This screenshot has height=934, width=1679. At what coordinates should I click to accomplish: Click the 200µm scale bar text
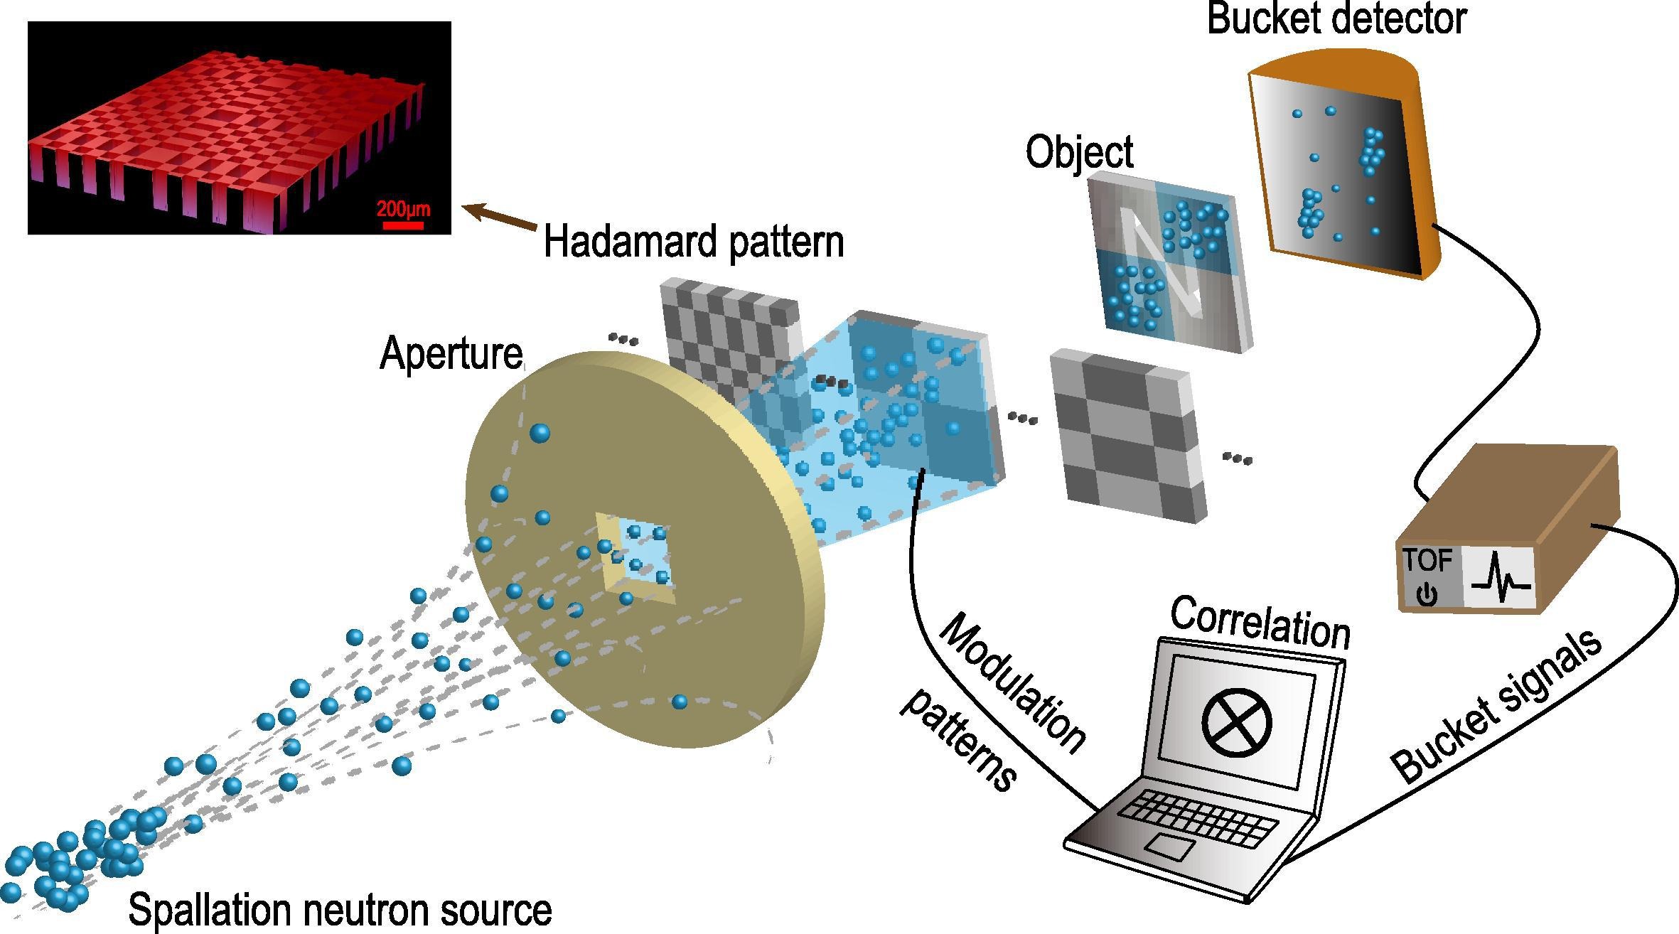pos(403,209)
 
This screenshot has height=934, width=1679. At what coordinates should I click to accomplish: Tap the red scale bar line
pos(403,225)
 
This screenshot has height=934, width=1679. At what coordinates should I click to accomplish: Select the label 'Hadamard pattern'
pos(694,242)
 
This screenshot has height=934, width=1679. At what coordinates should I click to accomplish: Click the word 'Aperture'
pos(451,353)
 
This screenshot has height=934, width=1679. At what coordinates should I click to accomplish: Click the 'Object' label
pos(1079,153)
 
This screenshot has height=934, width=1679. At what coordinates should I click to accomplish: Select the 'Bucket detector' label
pos(1336,18)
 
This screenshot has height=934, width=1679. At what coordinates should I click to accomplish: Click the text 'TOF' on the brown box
pos(1427,561)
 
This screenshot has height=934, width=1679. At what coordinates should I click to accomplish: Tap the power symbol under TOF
pos(1425,594)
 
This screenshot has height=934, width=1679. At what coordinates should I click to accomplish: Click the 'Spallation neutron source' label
pos(340,910)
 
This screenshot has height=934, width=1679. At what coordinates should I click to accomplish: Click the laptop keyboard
pos(1197,817)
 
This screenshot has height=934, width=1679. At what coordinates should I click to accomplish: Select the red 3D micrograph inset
pos(239,128)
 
